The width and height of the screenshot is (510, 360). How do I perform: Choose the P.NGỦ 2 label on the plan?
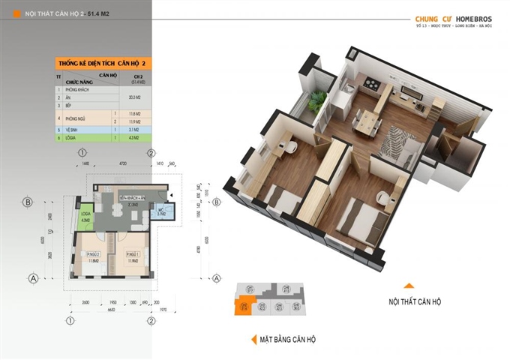pyautogui.click(x=94, y=254)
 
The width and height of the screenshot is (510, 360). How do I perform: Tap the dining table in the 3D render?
pyautogui.click(x=367, y=119)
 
